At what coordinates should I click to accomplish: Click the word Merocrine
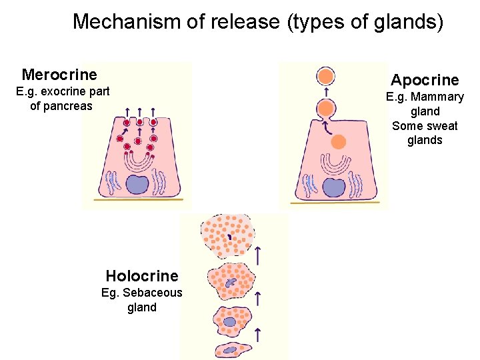click(x=59, y=74)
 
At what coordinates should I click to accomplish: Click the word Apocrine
click(x=425, y=80)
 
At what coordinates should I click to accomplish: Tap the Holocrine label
click(x=142, y=276)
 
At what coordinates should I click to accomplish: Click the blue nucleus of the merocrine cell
click(x=138, y=184)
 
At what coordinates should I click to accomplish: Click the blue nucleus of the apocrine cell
click(x=333, y=187)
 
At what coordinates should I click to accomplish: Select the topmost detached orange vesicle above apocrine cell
click(x=325, y=75)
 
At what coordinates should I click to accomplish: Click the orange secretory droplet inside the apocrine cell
click(x=339, y=141)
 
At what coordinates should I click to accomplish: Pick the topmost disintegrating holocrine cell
click(x=228, y=235)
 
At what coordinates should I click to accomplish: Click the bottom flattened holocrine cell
click(x=231, y=349)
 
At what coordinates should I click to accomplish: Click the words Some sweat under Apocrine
click(x=425, y=126)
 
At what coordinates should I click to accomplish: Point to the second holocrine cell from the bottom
click(x=230, y=321)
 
